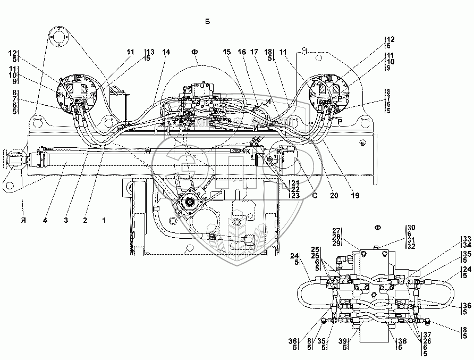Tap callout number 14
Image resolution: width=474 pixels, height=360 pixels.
pos(166,52)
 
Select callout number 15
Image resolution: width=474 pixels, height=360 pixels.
pos(227,52)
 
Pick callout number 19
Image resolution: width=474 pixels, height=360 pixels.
pos(355,195)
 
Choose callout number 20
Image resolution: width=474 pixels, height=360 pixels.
pos(333,195)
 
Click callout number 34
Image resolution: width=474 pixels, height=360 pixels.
pos(467,245)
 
